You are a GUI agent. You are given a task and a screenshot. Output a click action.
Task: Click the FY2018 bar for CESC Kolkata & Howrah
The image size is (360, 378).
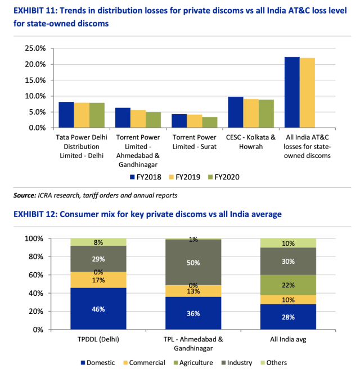pos(235,112)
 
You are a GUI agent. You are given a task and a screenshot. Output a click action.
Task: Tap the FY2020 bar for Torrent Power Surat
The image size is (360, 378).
pos(209,122)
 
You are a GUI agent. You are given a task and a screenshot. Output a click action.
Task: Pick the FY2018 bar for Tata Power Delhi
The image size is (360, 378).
pos(66,115)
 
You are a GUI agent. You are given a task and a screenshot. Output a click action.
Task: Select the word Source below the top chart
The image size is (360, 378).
pos(25,195)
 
